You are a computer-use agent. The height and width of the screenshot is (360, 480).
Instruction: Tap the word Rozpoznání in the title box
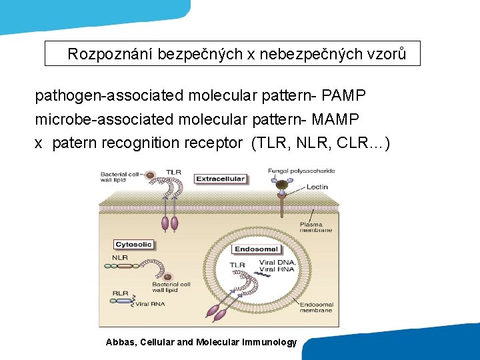pos(110,54)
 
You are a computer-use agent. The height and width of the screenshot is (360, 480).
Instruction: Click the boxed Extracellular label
pos(220,179)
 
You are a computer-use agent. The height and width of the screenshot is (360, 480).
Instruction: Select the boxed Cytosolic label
pos(134,245)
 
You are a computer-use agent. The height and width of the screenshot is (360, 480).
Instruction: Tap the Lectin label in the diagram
pos(317,187)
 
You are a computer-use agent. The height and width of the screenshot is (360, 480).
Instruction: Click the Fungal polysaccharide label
pos(301,171)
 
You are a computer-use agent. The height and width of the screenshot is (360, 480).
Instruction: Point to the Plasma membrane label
pos(315,227)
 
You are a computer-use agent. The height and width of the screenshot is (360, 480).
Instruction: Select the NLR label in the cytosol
pos(120,257)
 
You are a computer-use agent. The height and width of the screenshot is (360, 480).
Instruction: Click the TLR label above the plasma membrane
pos(173,172)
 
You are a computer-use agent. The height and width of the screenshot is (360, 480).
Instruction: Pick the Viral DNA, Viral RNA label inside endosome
pos(281,266)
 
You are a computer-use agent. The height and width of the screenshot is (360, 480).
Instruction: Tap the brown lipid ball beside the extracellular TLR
pos(151,175)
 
